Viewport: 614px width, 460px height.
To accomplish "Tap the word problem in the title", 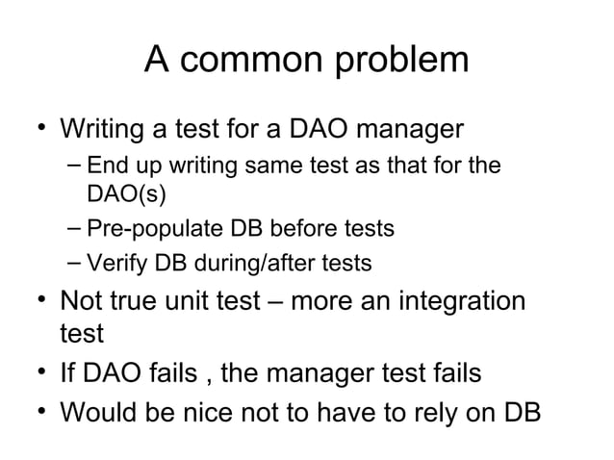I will [x=400, y=62].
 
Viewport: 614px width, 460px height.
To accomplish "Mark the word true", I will [x=143, y=301].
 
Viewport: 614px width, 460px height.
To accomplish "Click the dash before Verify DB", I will [x=75, y=262].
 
